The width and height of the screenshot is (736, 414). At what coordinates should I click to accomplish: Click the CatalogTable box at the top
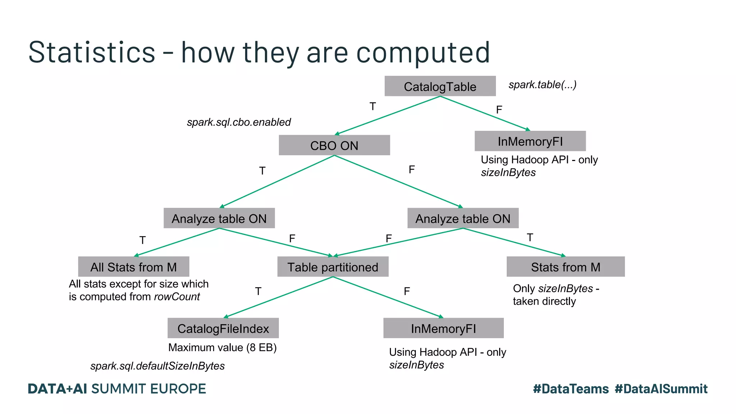pos(440,86)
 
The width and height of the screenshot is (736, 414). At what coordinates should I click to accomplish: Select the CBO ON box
pos(334,145)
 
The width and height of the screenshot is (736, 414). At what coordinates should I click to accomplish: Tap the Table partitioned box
pos(333,267)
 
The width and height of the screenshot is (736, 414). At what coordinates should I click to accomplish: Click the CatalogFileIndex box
pos(223,328)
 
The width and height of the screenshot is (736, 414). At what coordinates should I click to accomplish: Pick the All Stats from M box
pos(134,267)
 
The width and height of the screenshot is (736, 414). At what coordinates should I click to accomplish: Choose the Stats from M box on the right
pos(566,267)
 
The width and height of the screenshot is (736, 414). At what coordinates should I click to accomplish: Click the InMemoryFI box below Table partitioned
pos(443,328)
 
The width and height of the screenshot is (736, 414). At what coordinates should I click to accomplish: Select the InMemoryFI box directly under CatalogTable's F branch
pos(530,141)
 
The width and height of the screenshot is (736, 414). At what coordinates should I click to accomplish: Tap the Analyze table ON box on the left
pos(219,218)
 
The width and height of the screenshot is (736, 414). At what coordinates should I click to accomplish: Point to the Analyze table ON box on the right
pos(463,218)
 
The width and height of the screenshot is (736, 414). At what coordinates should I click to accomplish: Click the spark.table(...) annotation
pos(542,85)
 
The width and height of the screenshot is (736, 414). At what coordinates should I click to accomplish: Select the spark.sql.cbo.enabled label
pos(239,122)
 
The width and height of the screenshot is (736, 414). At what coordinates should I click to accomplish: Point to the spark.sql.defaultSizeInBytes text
pos(157,366)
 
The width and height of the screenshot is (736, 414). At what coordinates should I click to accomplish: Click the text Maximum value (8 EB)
pos(222,348)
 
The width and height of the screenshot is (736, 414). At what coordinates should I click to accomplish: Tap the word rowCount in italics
pos(177,297)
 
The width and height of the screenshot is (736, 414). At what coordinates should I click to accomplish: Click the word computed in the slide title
pos(423,52)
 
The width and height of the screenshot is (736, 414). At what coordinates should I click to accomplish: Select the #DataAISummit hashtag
pos(661,389)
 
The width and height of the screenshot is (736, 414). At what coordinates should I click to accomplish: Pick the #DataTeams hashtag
pos(571,389)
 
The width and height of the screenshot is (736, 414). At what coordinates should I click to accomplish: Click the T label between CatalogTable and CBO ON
pos(373,106)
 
